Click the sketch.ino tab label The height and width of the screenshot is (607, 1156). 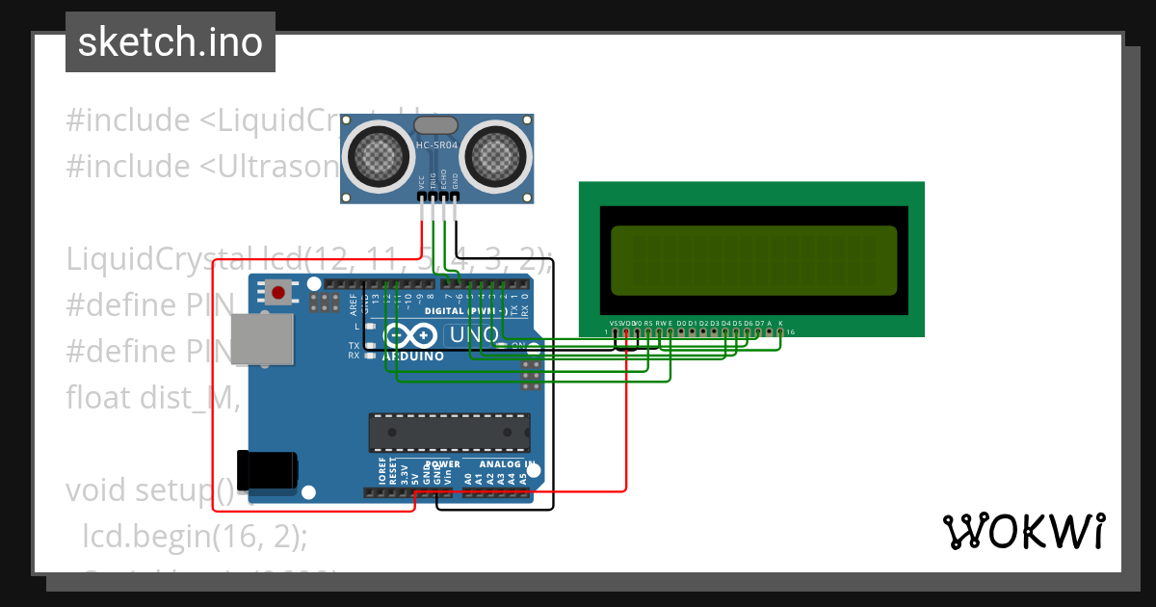click(171, 42)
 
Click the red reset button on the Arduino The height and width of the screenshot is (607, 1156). click(279, 291)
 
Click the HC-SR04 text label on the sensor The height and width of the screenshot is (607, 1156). click(437, 145)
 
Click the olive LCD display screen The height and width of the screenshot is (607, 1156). click(753, 260)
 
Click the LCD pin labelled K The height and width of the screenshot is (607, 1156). click(780, 331)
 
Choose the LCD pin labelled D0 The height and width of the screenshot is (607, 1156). click(681, 331)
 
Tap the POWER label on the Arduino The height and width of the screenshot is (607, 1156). click(442, 464)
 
